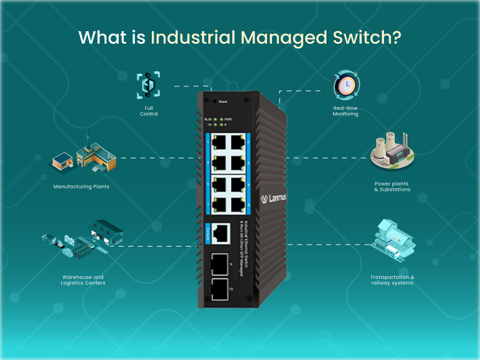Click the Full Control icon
[148, 85]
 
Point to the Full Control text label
[149, 111]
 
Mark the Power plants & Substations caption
[392, 187]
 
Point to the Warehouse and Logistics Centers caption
[83, 280]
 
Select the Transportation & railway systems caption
[392, 280]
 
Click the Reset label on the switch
[223, 101]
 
